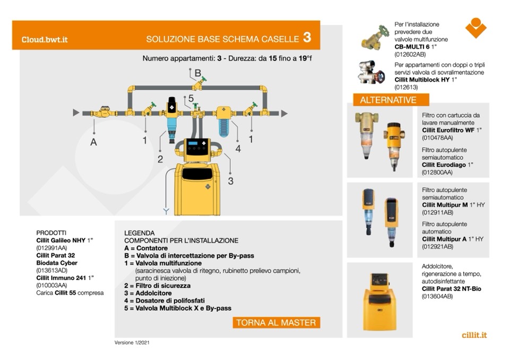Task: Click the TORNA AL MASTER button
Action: point(276,323)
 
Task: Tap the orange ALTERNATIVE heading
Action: point(387,100)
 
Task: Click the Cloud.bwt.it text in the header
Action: point(45,39)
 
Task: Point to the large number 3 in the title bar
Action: point(307,38)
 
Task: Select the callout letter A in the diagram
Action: point(93,142)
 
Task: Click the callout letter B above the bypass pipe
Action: point(197,73)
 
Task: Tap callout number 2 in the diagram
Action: point(160,159)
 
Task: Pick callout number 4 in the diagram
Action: point(238,149)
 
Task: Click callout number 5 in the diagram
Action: point(191,98)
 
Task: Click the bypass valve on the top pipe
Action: point(200,85)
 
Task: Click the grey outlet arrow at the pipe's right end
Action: point(284,113)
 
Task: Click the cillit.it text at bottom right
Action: point(474,335)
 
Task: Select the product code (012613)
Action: point(406,87)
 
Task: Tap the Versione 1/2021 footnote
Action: point(132,342)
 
